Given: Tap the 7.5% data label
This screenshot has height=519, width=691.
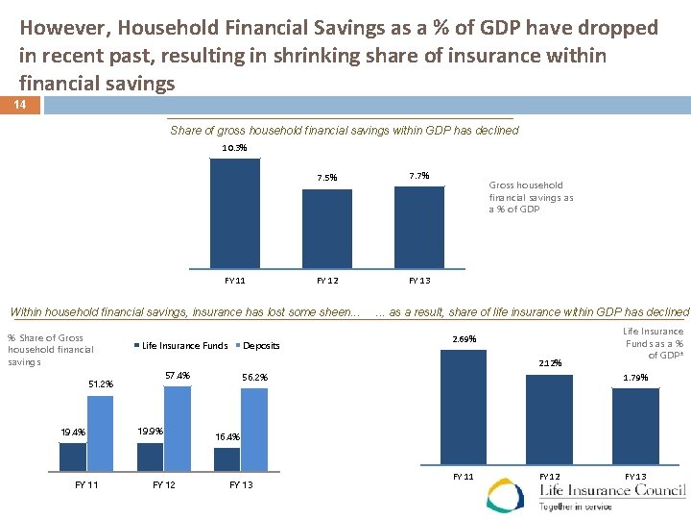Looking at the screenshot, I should [327, 177].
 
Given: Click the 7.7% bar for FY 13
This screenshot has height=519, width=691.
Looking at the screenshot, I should [419, 227].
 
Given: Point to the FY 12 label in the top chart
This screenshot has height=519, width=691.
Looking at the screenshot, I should [327, 281].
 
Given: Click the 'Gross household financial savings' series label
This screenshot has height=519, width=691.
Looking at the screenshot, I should [531, 197].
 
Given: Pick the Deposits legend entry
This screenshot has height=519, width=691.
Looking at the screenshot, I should [258, 345].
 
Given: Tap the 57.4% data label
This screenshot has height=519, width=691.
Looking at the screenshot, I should [178, 375].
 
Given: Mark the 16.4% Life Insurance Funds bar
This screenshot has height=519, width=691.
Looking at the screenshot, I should [224, 459].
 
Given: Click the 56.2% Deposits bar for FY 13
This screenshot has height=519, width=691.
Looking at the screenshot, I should [253, 427].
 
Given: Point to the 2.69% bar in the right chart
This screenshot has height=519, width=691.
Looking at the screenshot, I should [463, 408].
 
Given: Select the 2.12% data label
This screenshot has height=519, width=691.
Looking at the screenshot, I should [550, 363].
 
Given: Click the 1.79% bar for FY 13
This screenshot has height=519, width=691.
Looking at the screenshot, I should [635, 426].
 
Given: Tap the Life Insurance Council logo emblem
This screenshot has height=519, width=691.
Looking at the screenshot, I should [506, 496].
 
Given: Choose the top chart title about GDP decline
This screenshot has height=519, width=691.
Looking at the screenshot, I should [344, 131].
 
